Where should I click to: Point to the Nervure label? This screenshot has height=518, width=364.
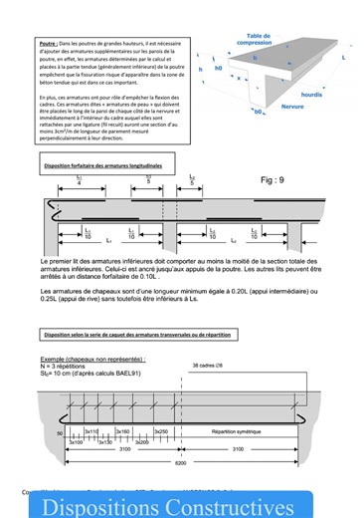click(265, 105)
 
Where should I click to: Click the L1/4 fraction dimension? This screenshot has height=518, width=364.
click(80, 180)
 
